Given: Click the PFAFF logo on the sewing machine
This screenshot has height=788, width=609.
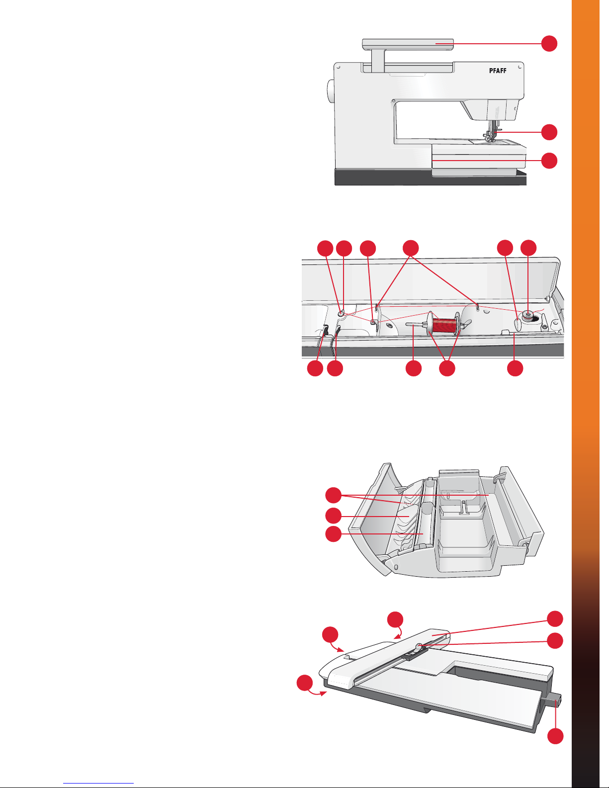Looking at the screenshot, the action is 498,71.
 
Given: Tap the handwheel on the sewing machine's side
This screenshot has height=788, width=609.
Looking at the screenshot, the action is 330,91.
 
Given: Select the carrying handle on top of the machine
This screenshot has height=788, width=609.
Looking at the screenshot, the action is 408,44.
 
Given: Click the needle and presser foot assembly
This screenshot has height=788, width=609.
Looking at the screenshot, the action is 492,131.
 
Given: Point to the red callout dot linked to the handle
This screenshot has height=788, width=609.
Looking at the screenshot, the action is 549,44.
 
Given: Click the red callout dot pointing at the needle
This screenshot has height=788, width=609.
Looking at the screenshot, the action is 549,132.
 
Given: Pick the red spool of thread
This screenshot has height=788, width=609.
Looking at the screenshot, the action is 445,325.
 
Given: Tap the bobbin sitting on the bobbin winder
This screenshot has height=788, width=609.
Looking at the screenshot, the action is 528,315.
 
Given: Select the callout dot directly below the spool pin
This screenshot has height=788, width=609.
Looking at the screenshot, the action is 413,368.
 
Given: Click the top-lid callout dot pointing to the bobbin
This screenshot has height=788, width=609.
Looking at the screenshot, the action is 528,248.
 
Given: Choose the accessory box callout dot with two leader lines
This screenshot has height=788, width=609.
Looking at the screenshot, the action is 333,495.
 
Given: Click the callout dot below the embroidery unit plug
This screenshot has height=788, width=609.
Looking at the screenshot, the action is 555,736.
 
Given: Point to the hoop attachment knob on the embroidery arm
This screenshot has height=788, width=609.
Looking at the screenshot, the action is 419,645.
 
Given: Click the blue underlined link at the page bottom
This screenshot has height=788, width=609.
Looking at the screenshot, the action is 98,784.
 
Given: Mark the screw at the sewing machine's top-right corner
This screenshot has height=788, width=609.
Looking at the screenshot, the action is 520,67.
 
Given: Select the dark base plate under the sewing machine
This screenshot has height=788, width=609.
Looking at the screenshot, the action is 431,177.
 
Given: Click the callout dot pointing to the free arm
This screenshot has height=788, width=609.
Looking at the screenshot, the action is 549,160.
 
